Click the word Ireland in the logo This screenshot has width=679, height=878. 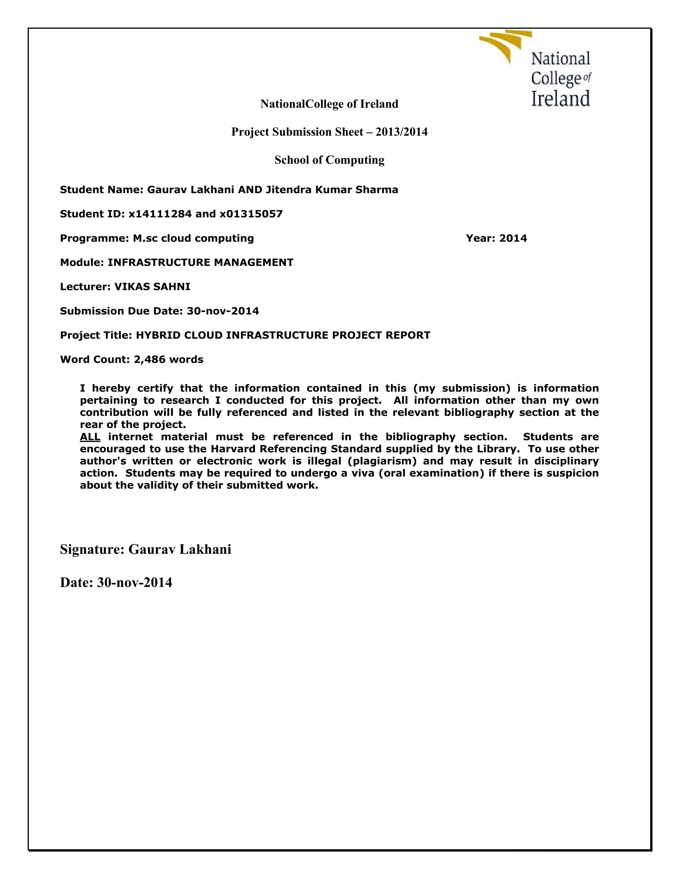(560, 99)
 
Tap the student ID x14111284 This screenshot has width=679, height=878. (160, 214)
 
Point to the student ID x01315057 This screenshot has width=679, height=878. (251, 214)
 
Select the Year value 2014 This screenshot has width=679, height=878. (513, 239)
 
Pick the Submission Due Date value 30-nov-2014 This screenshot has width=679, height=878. (223, 311)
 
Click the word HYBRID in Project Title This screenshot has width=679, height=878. (158, 335)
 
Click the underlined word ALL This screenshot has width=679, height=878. (90, 437)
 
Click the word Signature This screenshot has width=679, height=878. (92, 549)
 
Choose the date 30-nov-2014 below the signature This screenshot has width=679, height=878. (134, 582)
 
